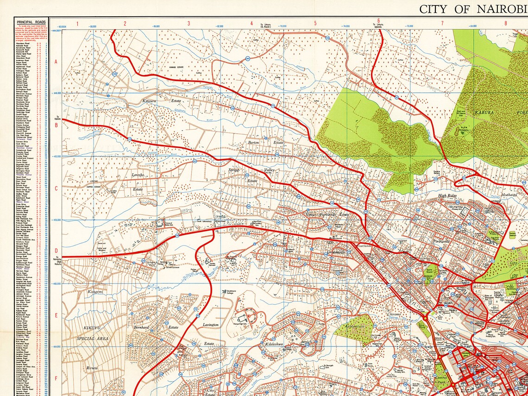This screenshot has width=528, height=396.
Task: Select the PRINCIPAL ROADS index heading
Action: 31,21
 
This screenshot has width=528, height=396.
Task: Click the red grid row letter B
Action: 56,125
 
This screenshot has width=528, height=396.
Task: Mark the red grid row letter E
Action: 56,315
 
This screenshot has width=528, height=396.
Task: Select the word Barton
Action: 253,143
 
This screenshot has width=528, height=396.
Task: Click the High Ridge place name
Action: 448,196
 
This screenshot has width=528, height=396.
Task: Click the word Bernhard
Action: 140,327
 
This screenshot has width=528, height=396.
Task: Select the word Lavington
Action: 211,325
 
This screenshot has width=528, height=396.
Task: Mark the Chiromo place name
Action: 397,314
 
